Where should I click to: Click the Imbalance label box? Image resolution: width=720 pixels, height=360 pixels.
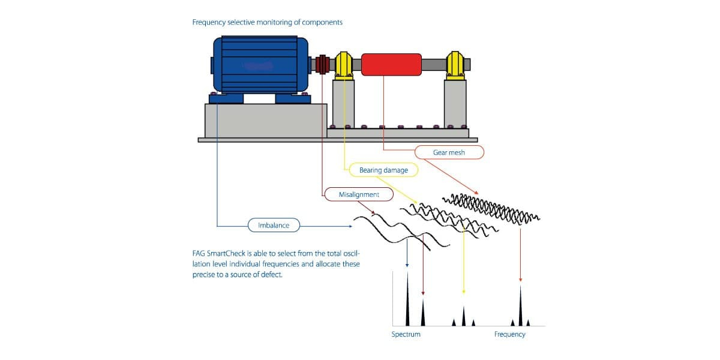(274, 226)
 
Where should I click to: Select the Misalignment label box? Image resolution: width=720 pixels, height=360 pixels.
(359, 194)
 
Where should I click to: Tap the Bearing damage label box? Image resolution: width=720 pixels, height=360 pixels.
(383, 170)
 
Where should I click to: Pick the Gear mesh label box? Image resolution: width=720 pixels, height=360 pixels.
(449, 152)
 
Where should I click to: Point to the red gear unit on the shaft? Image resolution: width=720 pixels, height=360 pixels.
(391, 65)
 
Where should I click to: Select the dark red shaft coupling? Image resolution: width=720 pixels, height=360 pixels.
(323, 64)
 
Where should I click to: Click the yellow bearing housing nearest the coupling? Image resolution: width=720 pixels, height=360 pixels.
(344, 65)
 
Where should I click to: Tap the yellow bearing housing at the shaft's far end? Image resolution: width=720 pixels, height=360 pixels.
(455, 65)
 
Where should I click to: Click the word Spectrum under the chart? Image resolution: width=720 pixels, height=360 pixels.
(406, 334)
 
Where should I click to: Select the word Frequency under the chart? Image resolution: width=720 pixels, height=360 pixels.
(510, 334)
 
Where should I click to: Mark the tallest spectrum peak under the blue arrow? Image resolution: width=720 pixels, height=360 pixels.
(407, 299)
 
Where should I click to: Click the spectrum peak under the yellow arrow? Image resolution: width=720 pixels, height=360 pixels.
(463, 316)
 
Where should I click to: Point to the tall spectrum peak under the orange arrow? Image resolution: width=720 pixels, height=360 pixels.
(520, 305)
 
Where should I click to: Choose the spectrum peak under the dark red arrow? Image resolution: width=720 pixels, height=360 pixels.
(423, 312)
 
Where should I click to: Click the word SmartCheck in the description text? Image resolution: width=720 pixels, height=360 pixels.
(226, 253)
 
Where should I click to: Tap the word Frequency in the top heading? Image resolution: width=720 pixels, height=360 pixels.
(209, 23)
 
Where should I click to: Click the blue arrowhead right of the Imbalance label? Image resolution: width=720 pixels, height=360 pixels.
(350, 226)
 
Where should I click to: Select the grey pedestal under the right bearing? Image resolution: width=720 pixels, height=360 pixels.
(455, 104)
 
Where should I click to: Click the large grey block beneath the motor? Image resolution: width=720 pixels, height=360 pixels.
(266, 121)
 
